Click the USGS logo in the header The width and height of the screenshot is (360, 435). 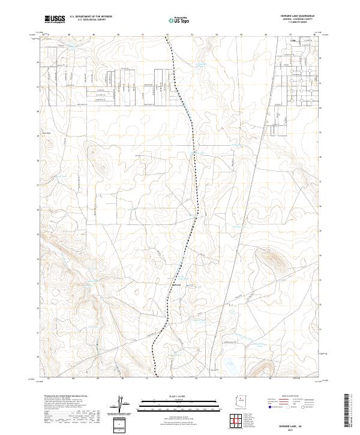(55, 20)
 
